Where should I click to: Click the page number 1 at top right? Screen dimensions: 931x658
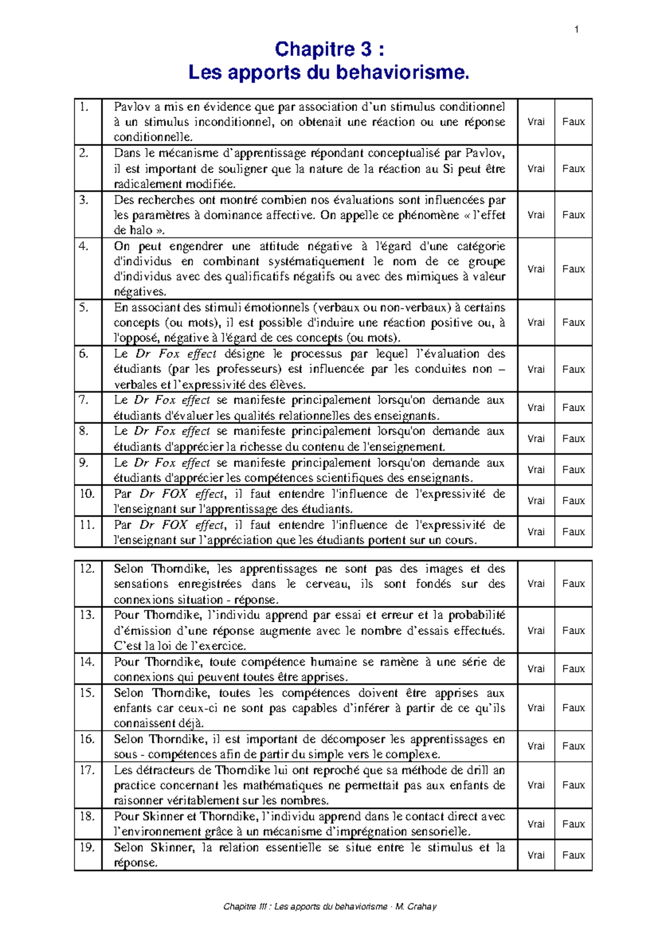click(x=576, y=30)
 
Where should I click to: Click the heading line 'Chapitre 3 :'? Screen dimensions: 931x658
click(x=329, y=49)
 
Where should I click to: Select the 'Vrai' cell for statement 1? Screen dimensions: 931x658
click(x=536, y=122)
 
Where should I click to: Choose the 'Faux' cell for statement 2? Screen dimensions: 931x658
click(x=573, y=168)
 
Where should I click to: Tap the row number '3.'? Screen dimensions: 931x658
click(x=83, y=200)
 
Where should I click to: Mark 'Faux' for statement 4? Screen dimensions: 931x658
click(x=573, y=269)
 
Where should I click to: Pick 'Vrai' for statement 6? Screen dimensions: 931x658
click(x=536, y=369)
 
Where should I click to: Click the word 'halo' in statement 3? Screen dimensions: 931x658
click(x=141, y=230)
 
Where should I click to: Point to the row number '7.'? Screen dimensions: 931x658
click(x=83, y=400)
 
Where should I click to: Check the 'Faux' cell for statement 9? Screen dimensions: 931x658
click(x=573, y=469)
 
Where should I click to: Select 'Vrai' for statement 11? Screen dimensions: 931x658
click(x=536, y=531)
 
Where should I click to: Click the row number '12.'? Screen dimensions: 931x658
click(x=87, y=569)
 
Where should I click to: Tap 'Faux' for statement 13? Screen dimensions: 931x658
click(x=573, y=631)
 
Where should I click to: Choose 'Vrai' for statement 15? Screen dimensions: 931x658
click(x=536, y=708)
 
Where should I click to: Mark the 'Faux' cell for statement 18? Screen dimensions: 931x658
click(x=573, y=824)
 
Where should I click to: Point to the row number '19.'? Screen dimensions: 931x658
click(x=87, y=847)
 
